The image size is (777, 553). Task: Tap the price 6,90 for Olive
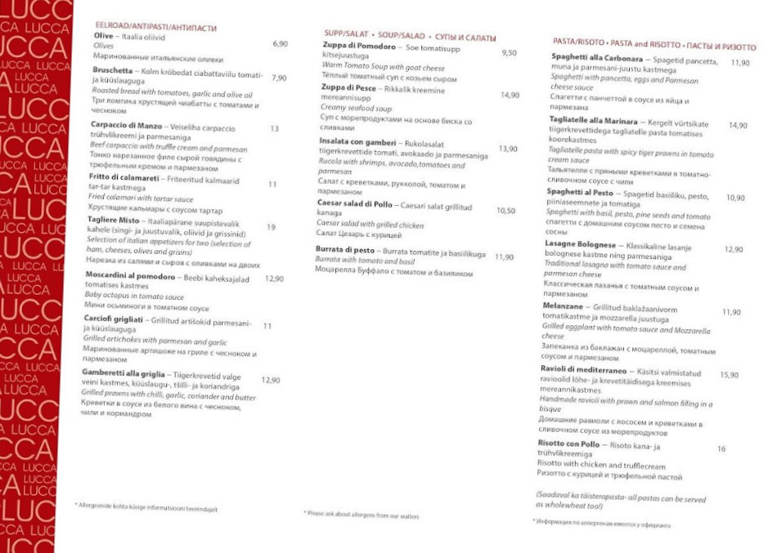point(281,43)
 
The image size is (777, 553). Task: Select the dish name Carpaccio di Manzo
point(124,127)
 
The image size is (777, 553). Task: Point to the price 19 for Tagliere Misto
point(271,227)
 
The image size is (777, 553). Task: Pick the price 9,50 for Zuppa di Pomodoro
point(509,52)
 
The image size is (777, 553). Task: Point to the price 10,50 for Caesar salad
point(506,210)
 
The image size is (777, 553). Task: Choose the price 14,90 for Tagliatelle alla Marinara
point(738,125)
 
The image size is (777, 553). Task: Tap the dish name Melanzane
point(561,304)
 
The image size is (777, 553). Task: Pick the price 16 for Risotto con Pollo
point(721,448)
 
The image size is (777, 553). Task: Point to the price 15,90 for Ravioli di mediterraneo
point(729,375)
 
